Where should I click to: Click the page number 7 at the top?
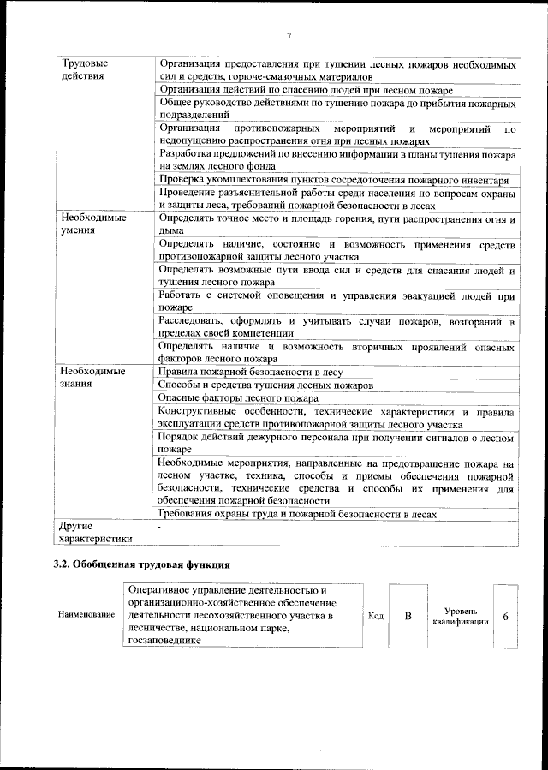click(x=289, y=35)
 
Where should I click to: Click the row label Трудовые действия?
click(x=84, y=69)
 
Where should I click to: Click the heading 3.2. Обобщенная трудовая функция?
click(x=140, y=565)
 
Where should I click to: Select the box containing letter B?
click(x=408, y=616)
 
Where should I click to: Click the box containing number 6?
click(x=506, y=616)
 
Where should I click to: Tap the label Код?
click(x=375, y=616)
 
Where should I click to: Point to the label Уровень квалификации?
click(x=462, y=616)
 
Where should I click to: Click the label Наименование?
click(x=86, y=616)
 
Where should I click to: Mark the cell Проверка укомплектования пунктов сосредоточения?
click(x=335, y=180)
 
